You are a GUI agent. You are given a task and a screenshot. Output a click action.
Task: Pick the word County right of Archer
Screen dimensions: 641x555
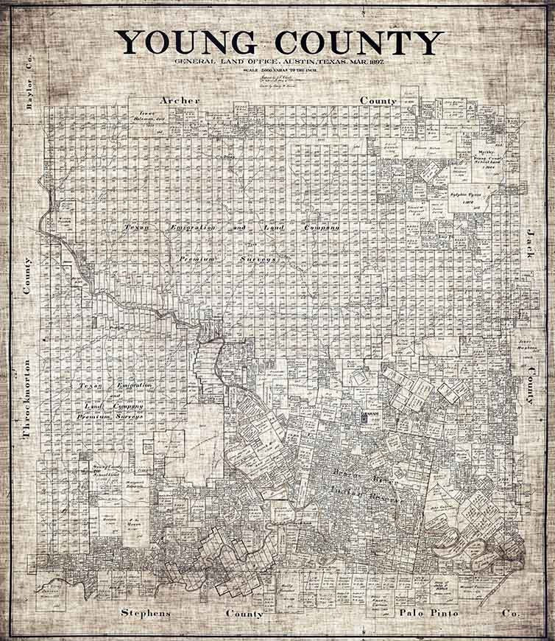(x=378, y=99)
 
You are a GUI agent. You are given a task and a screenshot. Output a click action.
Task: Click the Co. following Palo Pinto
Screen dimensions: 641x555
(x=509, y=613)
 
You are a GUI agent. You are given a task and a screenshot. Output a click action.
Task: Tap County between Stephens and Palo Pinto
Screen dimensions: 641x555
(x=244, y=613)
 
